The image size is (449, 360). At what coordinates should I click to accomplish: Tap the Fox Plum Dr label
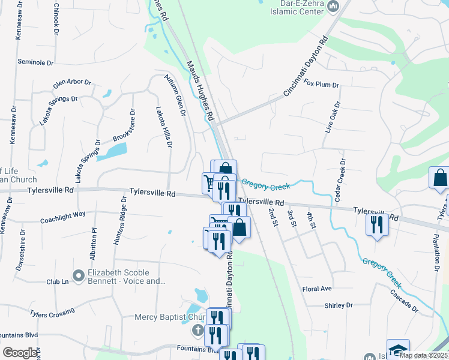click(x=321, y=85)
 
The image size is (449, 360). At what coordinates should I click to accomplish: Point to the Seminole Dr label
click(x=35, y=62)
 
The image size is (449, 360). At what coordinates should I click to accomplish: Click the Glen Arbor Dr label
click(x=72, y=83)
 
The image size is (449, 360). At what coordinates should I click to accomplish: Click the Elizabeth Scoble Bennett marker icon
click(x=78, y=275)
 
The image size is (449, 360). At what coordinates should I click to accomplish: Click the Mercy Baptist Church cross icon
click(x=197, y=329)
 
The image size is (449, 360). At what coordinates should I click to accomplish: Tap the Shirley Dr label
click(x=339, y=305)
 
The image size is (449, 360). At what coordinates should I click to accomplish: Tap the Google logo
click(x=20, y=353)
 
